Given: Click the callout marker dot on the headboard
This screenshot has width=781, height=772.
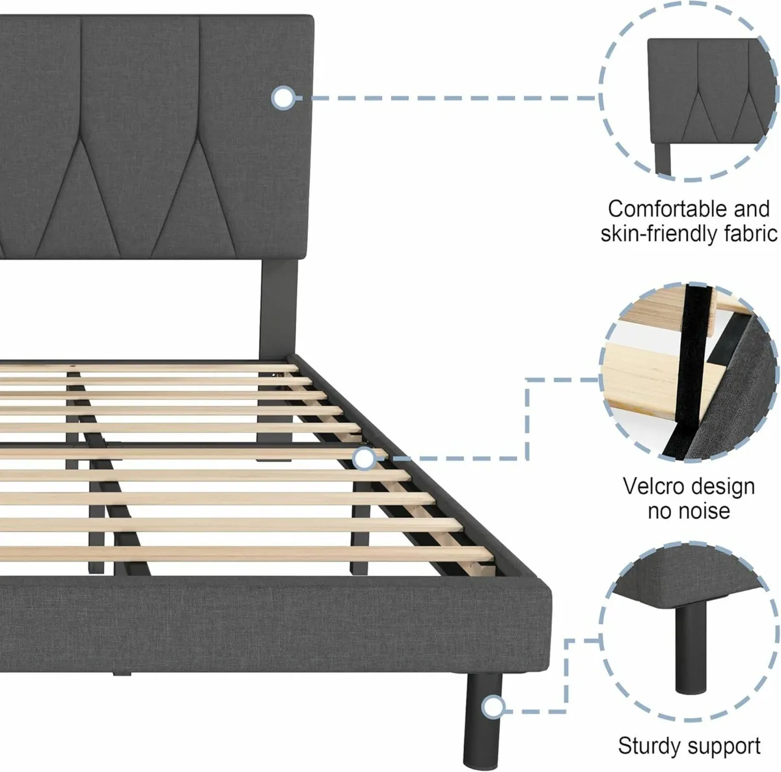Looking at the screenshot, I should click(283, 98).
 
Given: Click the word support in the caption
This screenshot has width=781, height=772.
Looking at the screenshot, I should click(728, 746).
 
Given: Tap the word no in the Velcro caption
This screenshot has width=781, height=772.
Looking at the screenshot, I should click(660, 511).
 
